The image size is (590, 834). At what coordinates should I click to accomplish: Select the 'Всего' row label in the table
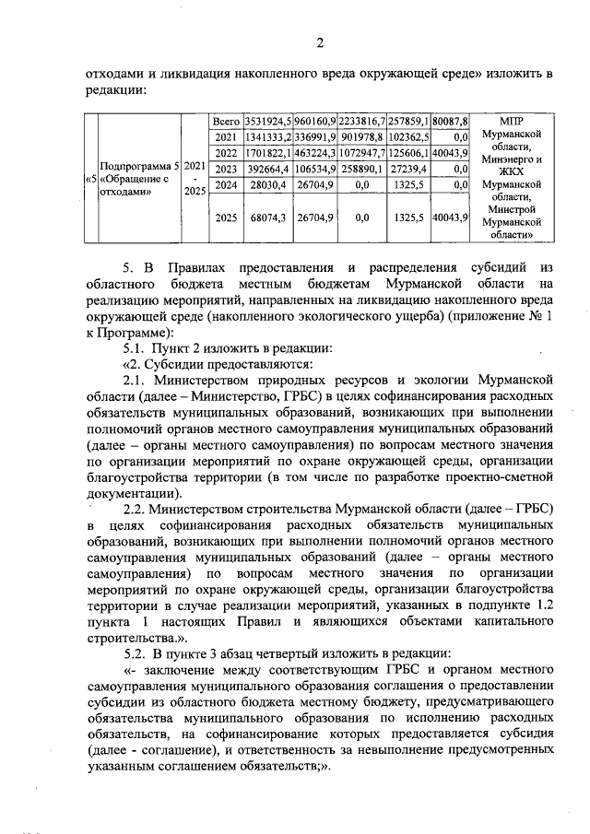tap(226, 121)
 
